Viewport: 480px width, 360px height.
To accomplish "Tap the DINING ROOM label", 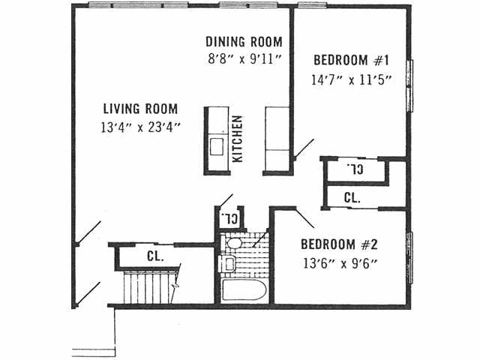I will [244, 42].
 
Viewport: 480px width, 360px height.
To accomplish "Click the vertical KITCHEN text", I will [238, 139].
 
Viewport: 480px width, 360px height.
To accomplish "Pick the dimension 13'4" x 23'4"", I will [141, 127].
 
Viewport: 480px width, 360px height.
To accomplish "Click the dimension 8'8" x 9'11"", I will [244, 58].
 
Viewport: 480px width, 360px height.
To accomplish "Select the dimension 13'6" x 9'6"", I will [338, 262].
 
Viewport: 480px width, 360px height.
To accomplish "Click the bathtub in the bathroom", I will [243, 289].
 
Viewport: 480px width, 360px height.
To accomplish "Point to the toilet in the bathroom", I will [234, 242].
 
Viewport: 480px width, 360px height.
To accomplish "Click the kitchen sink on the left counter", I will [217, 145].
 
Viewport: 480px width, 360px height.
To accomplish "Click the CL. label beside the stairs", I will [155, 256].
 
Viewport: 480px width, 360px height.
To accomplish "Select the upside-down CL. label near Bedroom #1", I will [355, 170].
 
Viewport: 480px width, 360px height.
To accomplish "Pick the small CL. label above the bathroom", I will [229, 219].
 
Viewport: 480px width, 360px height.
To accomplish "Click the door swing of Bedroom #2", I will [304, 218].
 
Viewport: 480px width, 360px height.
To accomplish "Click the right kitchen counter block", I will [276, 139].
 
